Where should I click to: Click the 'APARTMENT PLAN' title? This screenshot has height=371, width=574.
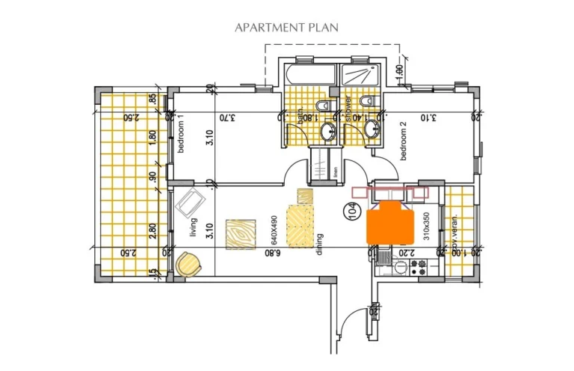click(x=286, y=28)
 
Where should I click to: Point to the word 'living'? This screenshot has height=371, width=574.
click(x=193, y=226)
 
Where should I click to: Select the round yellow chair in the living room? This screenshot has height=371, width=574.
click(x=188, y=263)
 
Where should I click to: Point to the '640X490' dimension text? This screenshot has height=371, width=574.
click(x=274, y=231)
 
